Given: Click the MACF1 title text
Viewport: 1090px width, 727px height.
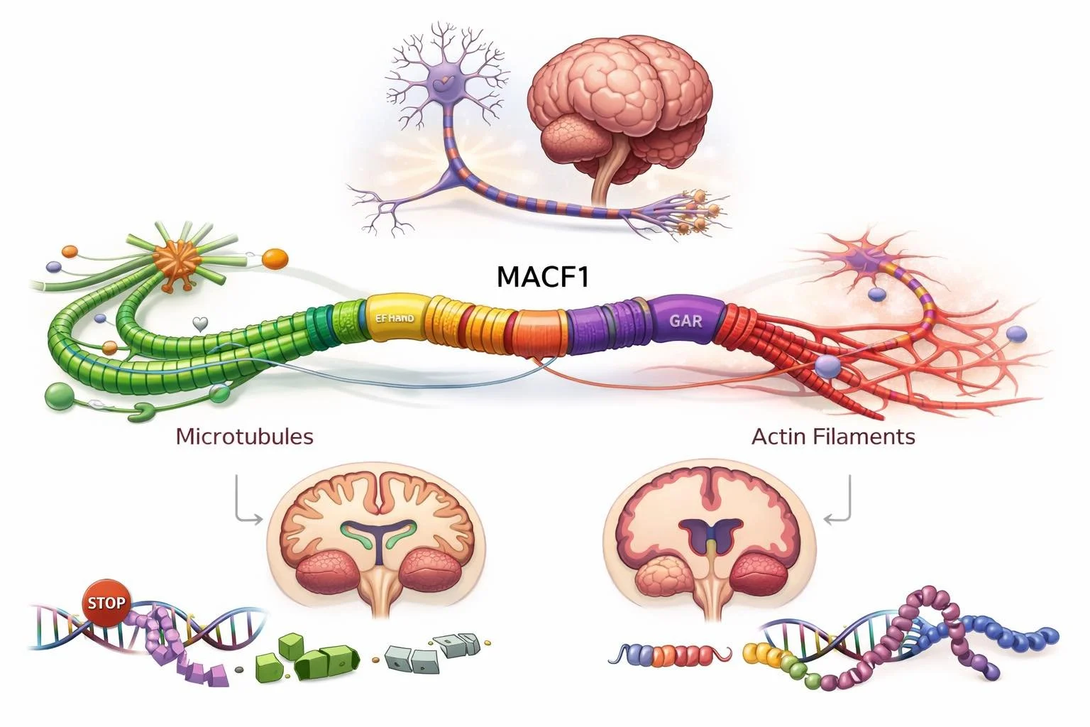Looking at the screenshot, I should [543, 277].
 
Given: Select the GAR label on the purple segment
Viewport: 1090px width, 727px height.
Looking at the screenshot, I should [685, 320].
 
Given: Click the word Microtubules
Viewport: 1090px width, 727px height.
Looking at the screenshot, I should [244, 435].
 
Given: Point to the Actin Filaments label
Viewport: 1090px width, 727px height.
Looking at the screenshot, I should [833, 435].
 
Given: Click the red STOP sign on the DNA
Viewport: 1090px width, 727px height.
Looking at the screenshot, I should [106, 603].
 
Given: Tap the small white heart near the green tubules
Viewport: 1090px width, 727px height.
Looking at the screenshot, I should [201, 324].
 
